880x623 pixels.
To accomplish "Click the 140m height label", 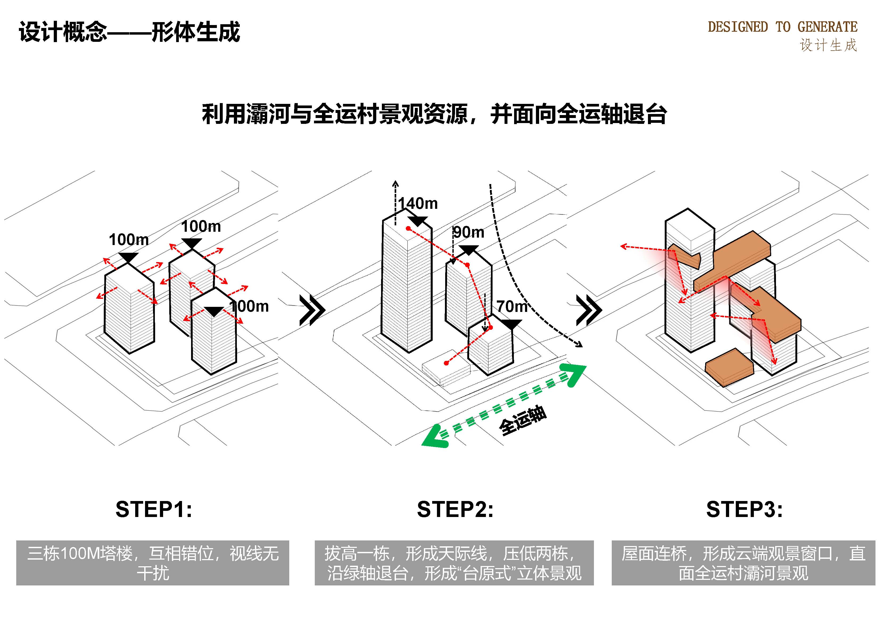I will (x=418, y=203).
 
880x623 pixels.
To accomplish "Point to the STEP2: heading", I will (x=455, y=510).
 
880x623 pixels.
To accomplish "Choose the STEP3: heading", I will (x=744, y=510).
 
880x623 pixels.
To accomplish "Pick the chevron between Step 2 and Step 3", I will (x=589, y=310).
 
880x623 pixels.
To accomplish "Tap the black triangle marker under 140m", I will (x=418, y=221).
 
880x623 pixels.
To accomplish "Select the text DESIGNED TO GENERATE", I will (x=782, y=27).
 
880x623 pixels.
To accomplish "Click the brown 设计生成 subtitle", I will (x=828, y=45).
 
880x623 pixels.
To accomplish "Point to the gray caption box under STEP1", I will (x=152, y=563).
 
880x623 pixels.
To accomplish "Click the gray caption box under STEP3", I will (x=743, y=563).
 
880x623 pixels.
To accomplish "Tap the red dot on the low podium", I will (x=446, y=363).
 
